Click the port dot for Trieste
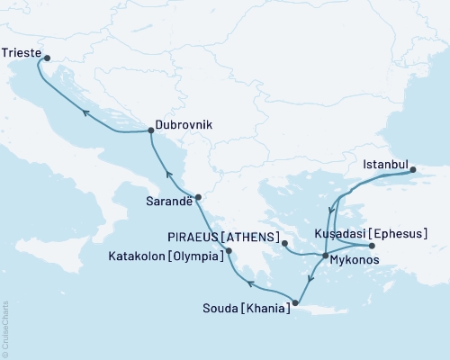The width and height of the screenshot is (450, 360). pos(47,59)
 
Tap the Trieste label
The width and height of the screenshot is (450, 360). pos(21,53)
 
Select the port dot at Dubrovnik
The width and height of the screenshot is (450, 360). pos(150,131)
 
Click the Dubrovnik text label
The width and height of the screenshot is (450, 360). pos(184,126)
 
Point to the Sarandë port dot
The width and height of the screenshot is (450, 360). pos(199,198)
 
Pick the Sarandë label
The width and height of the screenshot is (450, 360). pos(169,202)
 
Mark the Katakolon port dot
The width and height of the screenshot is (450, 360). pos(229,250)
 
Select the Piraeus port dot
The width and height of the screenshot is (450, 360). pos(283,243)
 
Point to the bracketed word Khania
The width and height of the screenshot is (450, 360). pos(265,309)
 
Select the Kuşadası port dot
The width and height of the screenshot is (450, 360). pos(372,246)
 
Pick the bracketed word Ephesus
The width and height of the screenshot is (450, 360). pos(400,233)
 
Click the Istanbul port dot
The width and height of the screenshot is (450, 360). pos(413,169)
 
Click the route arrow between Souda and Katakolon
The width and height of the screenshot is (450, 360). pos(251,285)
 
